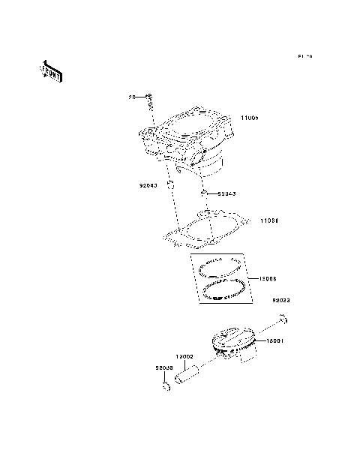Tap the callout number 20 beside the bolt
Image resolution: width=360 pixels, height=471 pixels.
(132, 97)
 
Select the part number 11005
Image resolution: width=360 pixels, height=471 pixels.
(250, 119)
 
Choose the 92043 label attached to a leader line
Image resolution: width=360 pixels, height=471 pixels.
(227, 194)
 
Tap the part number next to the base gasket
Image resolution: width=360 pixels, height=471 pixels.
(269, 221)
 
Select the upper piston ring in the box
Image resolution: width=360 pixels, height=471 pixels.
(219, 265)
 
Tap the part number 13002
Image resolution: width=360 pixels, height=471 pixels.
(185, 356)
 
